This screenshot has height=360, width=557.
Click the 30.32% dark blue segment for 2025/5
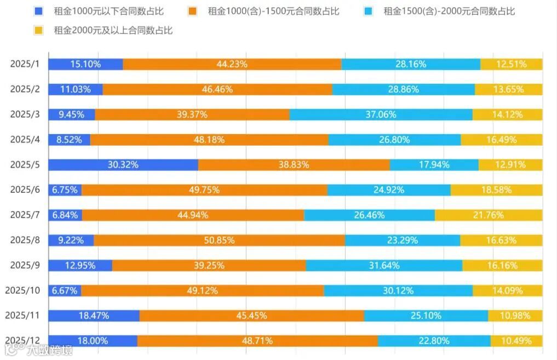[x=123, y=165]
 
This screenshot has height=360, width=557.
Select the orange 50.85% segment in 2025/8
[x=219, y=241]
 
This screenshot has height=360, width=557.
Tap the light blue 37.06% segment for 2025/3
[x=381, y=115]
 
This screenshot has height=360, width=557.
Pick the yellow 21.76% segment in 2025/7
[x=489, y=215]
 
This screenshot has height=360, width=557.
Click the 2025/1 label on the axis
[x=25, y=64]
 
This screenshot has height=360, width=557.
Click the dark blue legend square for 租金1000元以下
[x=38, y=11]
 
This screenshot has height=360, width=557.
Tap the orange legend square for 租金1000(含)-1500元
[x=192, y=11]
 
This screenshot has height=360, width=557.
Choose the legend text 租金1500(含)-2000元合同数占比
[x=449, y=11]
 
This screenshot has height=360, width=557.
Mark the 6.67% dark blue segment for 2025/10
[x=65, y=290]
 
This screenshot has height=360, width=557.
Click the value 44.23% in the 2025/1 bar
[x=232, y=64]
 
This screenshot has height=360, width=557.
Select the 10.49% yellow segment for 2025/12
[x=516, y=341]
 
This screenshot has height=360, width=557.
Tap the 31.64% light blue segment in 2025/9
[x=384, y=266]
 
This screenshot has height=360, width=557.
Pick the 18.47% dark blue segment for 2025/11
[x=94, y=316]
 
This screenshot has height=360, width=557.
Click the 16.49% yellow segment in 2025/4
[x=501, y=140]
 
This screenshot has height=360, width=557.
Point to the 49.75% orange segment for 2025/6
[x=204, y=190]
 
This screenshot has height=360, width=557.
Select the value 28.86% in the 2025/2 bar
[x=403, y=89]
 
